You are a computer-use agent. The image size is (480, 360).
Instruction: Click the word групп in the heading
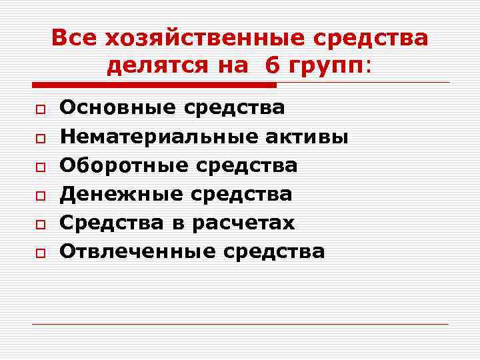coord(325,66)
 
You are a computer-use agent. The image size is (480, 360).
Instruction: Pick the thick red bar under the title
coord(154,85)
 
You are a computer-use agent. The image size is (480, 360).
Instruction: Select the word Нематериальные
coord(159,137)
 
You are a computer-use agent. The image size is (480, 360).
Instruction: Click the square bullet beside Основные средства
coord(40,109)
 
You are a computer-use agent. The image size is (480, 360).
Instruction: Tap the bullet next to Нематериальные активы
coord(40,138)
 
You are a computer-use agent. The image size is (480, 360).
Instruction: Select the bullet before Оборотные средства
coord(40,167)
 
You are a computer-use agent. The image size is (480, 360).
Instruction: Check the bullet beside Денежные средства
coord(40,195)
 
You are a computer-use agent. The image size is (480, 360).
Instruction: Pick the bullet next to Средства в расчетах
coord(40,224)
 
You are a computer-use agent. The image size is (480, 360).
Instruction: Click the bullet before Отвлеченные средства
coord(40,253)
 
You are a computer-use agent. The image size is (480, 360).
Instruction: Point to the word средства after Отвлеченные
coord(274,251)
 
